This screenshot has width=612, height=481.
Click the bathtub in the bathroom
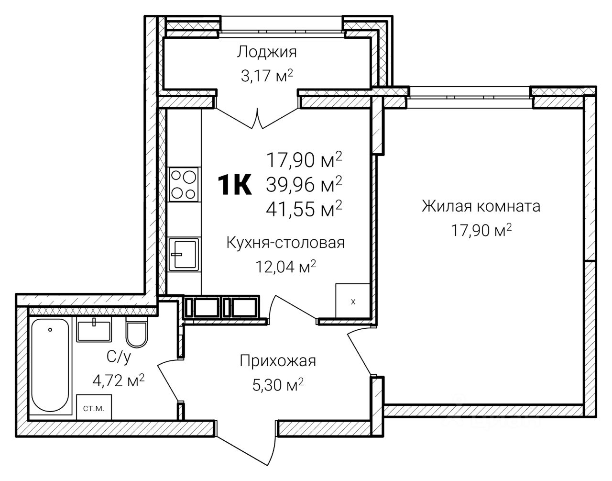[x=50, y=366]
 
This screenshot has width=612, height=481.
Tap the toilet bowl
[x=136, y=331]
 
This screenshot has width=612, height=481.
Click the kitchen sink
[x=184, y=254]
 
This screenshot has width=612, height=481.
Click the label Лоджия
[x=267, y=53]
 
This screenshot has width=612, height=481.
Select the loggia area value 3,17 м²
[x=267, y=76]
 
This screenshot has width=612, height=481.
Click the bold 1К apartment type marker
[x=235, y=185]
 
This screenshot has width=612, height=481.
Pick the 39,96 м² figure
[x=304, y=185]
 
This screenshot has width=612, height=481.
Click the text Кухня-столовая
[x=285, y=243]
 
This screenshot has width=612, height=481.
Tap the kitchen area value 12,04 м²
[x=285, y=267]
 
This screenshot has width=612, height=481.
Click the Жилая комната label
[x=481, y=206]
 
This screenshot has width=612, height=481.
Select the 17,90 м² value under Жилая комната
[x=481, y=230]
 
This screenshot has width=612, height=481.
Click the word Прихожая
[x=278, y=361]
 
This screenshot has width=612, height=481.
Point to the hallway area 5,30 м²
[x=278, y=385]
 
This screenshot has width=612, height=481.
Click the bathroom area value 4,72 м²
[x=119, y=381]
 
